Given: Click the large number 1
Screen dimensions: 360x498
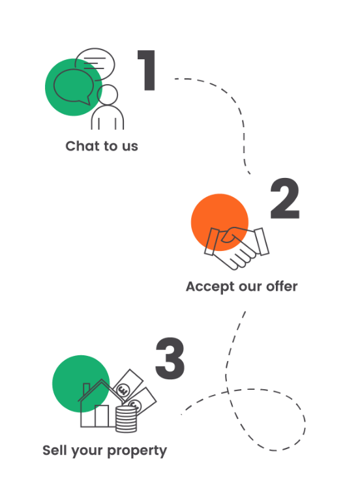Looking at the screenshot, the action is pos(147,70).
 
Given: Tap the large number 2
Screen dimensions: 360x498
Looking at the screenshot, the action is pos(285,199).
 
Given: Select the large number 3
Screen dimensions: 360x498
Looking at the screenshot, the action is pos(170,359).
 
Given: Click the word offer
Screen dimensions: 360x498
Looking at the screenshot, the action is pos(282,286).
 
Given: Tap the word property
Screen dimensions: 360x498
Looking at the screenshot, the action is pos(137,451).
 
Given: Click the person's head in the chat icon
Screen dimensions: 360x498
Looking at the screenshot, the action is pos(108,95).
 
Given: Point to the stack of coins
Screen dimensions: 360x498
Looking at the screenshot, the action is pos(126,419).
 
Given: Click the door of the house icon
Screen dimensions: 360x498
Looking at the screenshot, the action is pos(102,416).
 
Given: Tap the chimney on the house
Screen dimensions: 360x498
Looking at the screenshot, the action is pos(86,389).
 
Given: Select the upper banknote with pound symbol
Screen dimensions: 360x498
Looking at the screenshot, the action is pos(127,385).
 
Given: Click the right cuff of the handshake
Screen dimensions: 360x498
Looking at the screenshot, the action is pos(262,241).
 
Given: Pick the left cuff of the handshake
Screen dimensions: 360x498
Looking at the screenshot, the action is pos(211,241).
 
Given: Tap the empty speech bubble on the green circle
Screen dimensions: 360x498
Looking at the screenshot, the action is pos(74,86).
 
